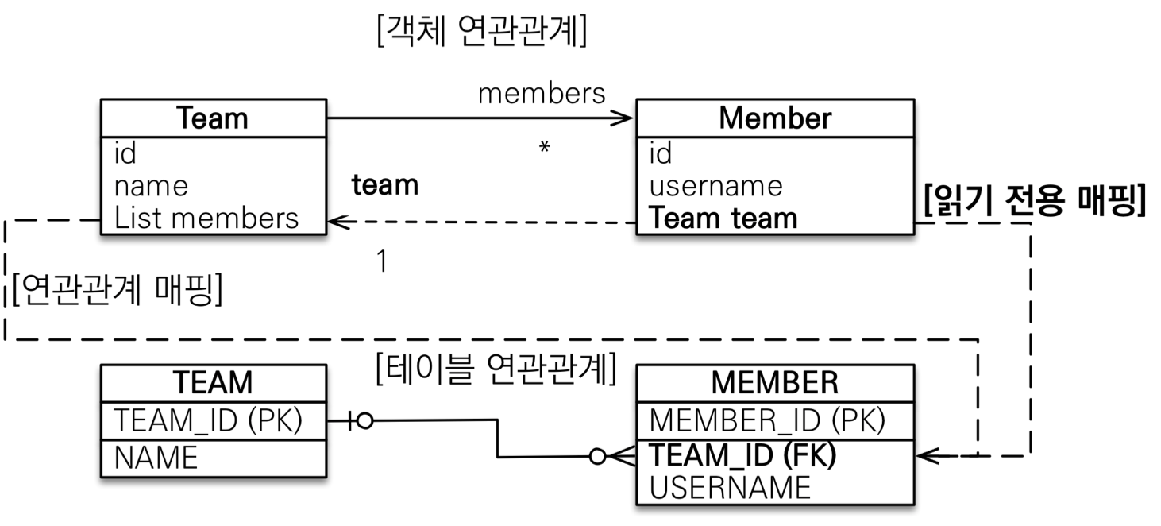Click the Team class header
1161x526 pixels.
213,118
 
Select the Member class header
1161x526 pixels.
774,118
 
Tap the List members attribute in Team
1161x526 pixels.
206,218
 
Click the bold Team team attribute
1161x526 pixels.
723,218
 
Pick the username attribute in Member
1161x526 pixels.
715,186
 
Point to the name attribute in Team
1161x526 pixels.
152,186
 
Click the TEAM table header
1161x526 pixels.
213,382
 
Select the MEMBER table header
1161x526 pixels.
774,382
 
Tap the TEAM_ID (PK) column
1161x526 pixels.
208,420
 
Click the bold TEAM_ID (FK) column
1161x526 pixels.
743,455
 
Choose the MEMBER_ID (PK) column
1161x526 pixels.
767,420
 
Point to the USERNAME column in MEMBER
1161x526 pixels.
730,486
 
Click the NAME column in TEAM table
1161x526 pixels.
156,458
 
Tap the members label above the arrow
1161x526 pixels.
542,93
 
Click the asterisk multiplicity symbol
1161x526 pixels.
545,149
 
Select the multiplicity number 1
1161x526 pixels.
382,261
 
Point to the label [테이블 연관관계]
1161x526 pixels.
495,369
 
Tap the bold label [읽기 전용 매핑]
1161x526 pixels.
1034,202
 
